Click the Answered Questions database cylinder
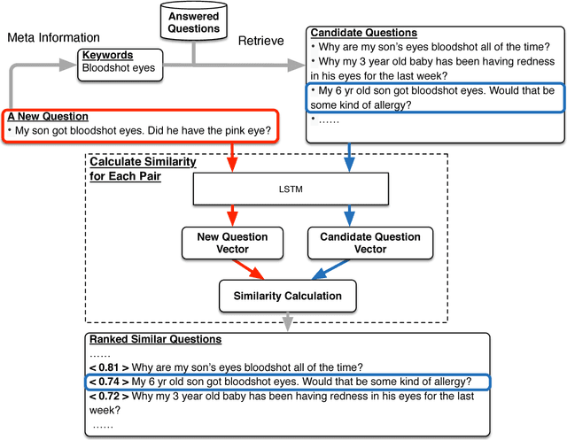(x=194, y=23)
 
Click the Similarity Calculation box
(x=292, y=296)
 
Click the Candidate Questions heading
(x=364, y=33)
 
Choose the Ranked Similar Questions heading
(x=155, y=339)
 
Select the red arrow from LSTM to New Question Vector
(x=234, y=215)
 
